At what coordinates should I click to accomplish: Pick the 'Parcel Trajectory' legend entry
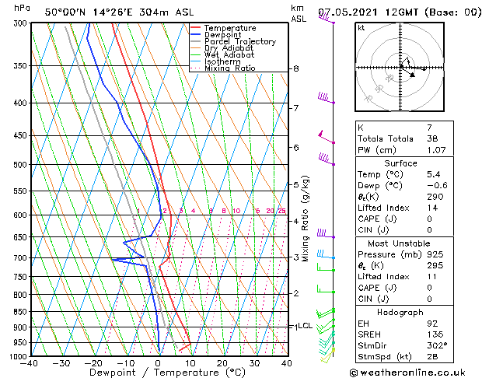click(x=239, y=42)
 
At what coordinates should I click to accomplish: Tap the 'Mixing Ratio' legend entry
click(x=230, y=68)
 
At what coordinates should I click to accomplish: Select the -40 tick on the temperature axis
click(x=30, y=363)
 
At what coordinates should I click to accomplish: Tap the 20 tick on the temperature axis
click(x=222, y=363)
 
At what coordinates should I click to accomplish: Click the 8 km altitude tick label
click(x=295, y=69)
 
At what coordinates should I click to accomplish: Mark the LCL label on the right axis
click(x=305, y=326)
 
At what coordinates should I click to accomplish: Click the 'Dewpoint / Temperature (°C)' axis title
click(x=156, y=373)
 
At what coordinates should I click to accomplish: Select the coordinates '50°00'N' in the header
click(x=68, y=12)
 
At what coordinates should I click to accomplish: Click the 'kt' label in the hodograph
click(x=362, y=28)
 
